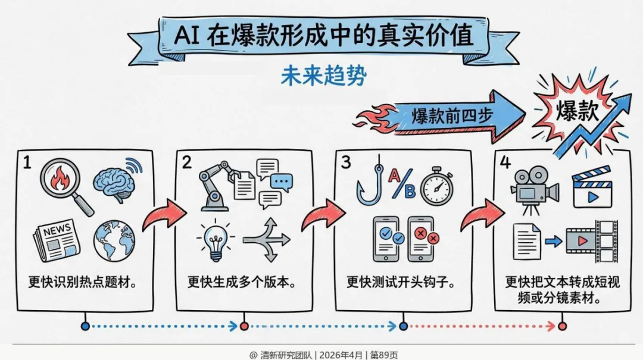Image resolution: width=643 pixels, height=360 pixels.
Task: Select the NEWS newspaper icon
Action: click(57, 239)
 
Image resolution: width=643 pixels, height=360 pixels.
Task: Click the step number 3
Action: click(344, 162)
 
